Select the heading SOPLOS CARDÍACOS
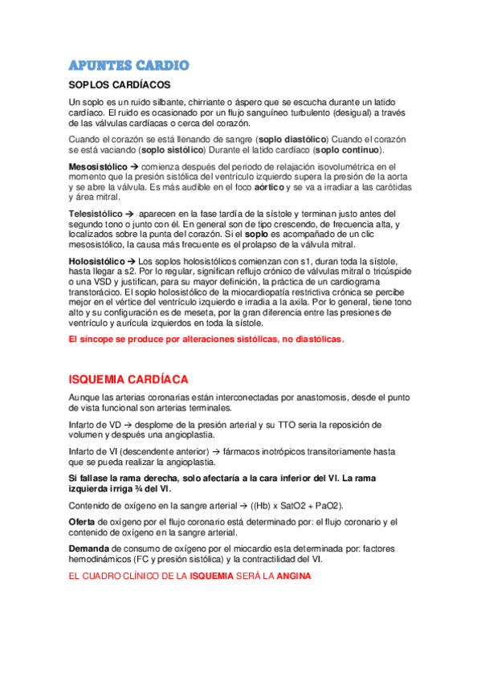120,85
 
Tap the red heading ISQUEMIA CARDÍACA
129,378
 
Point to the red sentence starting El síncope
206,339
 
